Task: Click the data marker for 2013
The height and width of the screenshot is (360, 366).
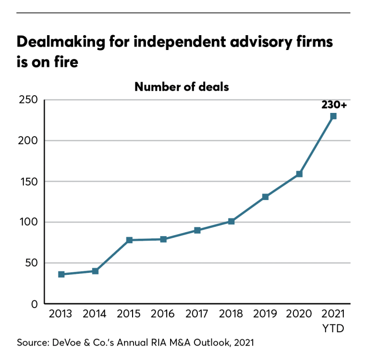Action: (61, 274)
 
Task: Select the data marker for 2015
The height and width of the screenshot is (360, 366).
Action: (129, 240)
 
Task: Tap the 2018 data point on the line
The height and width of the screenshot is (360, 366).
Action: (231, 221)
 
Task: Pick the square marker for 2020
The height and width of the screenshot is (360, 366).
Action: (299, 174)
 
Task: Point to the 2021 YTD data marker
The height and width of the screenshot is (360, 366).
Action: (333, 116)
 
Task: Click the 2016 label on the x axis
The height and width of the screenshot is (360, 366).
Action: (163, 314)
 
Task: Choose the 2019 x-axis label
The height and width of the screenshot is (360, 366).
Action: (265, 314)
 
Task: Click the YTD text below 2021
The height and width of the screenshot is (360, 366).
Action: (333, 328)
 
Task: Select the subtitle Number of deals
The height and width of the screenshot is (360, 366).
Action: (182, 87)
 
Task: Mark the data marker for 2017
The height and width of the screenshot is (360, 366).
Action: (197, 230)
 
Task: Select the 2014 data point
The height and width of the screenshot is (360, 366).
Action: (95, 271)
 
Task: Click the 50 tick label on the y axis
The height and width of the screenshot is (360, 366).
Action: (31, 263)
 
